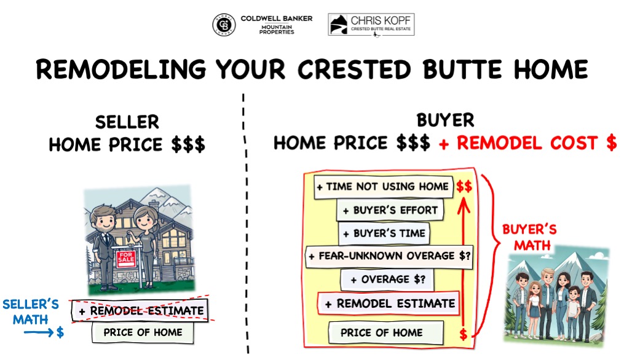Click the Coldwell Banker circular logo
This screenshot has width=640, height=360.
(x=223, y=25)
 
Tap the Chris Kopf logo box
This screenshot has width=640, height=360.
(x=371, y=25)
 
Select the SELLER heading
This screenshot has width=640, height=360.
(x=127, y=122)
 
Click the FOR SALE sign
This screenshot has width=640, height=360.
(x=125, y=259)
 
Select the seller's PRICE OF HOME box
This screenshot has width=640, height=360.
(x=143, y=332)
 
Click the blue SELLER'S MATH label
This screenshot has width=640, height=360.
(x=31, y=310)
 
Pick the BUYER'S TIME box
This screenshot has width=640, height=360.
(x=384, y=234)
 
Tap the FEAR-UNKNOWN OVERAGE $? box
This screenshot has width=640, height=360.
(x=389, y=256)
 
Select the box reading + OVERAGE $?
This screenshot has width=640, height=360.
(x=388, y=280)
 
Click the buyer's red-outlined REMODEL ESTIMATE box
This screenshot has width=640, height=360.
(x=389, y=303)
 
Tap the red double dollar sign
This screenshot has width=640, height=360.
(x=464, y=186)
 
